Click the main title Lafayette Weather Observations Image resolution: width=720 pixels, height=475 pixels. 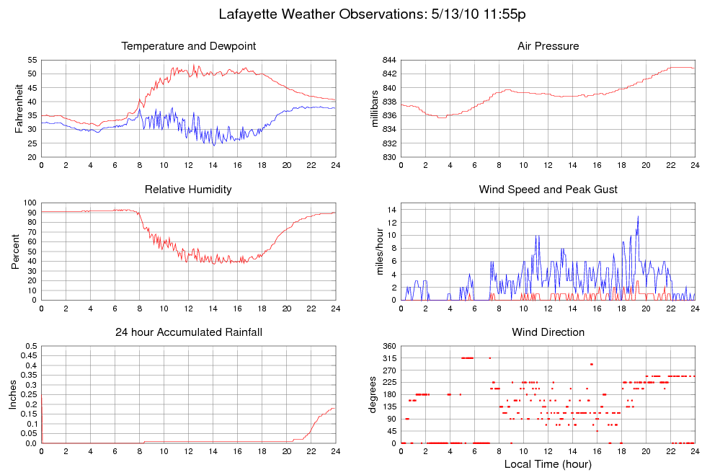(375, 14)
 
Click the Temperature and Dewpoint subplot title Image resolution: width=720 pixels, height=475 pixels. (189, 46)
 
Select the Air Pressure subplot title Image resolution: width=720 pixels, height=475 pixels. (548, 46)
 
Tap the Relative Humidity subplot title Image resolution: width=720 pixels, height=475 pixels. (188, 190)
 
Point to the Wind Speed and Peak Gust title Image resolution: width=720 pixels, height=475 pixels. (548, 190)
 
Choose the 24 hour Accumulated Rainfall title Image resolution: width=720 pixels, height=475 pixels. (189, 332)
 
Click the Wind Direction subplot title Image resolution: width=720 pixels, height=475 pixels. (548, 332)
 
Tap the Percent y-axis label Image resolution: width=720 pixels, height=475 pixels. (15, 251)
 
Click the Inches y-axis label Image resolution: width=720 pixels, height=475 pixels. (12, 394)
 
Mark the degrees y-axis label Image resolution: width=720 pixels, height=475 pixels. (373, 394)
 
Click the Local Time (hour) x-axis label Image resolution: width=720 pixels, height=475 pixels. (548, 464)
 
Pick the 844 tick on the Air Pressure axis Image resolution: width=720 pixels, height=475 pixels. (388, 60)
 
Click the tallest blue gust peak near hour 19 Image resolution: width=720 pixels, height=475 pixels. (638, 217)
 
